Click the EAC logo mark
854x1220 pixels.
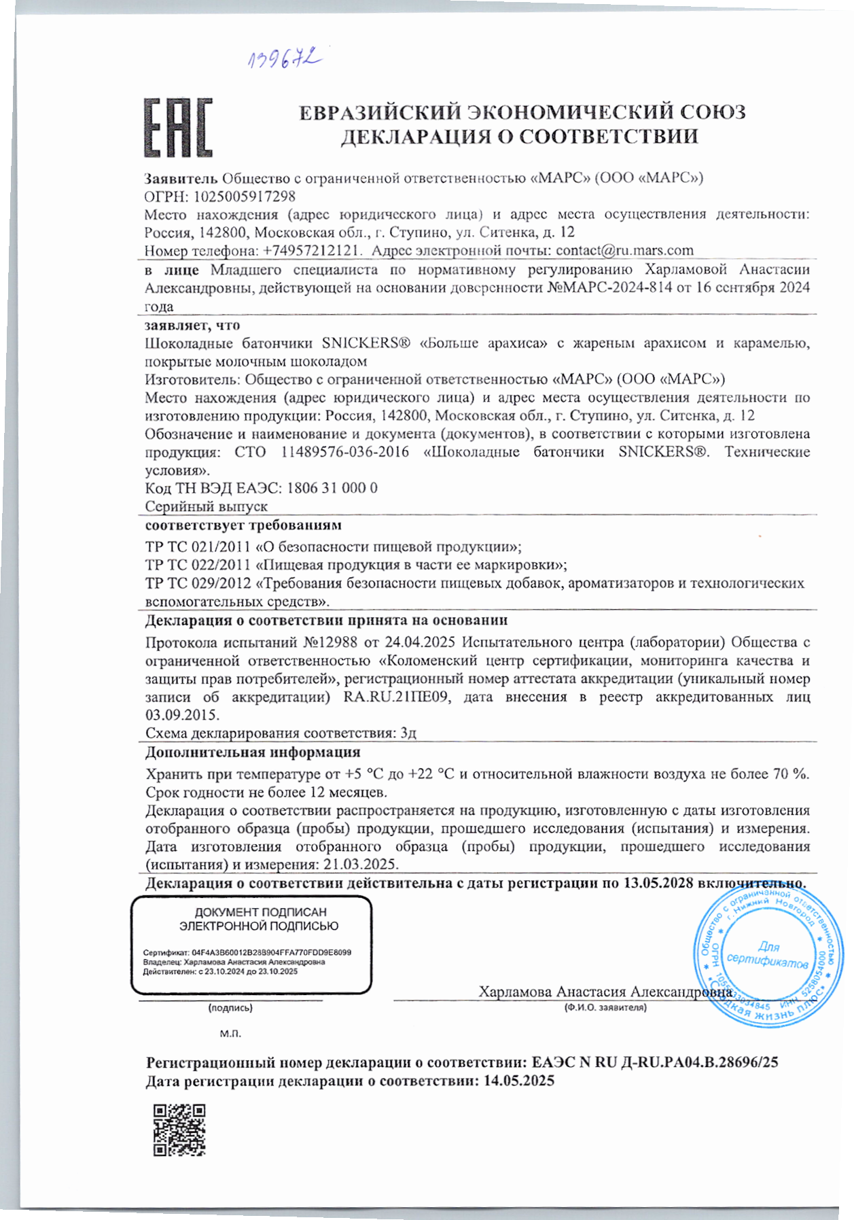coord(178,128)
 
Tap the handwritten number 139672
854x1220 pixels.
coord(283,60)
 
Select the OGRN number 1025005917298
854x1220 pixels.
coord(245,196)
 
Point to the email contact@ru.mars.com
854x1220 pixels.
coord(624,251)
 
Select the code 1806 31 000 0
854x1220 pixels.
coord(332,488)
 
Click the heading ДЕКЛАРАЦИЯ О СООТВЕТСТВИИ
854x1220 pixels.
coord(519,137)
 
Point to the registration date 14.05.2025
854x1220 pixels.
coord(518,1081)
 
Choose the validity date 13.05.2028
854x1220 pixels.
coord(658,884)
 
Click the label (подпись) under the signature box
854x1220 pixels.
coord(230,1008)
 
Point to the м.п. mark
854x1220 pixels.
coord(230,1034)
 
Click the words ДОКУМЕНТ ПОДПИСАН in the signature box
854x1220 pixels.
coord(260,912)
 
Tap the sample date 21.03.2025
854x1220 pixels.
coord(360,865)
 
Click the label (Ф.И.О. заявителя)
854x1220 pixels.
coord(605,1007)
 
